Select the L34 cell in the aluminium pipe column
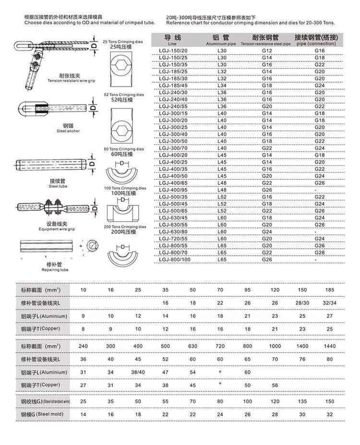point(222,86)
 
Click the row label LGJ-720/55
point(173,238)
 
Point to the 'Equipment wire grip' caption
point(58,229)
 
